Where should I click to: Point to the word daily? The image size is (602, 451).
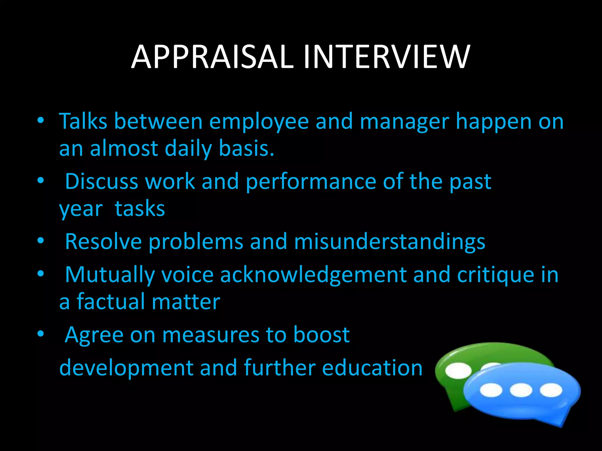tap(188, 148)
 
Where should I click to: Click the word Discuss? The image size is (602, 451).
tap(101, 181)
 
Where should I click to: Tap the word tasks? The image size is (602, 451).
tap(140, 209)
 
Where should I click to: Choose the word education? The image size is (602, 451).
tap(372, 368)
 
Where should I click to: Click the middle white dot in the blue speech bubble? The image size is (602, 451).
tap(521, 391)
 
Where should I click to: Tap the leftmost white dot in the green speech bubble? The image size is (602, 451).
tap(459, 371)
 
